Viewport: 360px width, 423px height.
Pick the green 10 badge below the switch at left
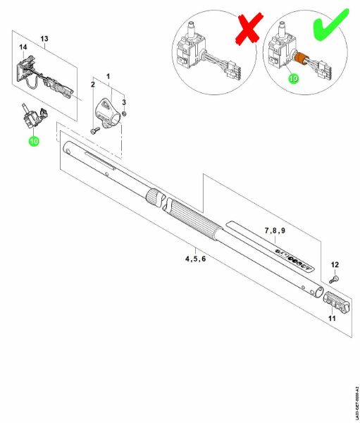tap(33, 141)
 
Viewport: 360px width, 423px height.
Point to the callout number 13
tap(44, 37)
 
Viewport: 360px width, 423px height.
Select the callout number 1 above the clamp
tap(108, 75)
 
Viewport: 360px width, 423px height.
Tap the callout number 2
tap(92, 85)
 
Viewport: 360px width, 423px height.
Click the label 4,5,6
tap(195, 259)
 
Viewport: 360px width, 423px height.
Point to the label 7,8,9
tap(275, 231)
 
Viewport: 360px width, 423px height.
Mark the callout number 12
tap(335, 265)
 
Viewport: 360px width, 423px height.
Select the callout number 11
tap(330, 318)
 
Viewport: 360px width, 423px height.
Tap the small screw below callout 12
tap(334, 280)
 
